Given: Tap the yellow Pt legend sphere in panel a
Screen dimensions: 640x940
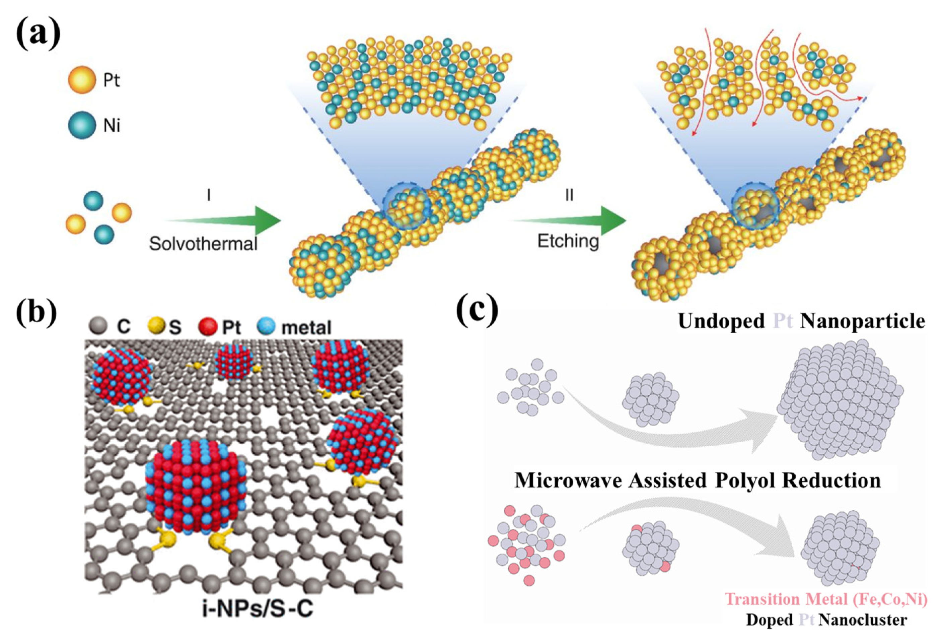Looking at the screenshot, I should (82, 80).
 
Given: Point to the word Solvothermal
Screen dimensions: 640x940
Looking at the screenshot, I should (203, 244).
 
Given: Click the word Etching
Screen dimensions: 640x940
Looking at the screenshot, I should (568, 241).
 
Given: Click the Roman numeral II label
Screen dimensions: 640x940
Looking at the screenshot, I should (569, 196).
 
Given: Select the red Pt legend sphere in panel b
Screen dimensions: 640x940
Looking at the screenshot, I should (209, 326).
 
